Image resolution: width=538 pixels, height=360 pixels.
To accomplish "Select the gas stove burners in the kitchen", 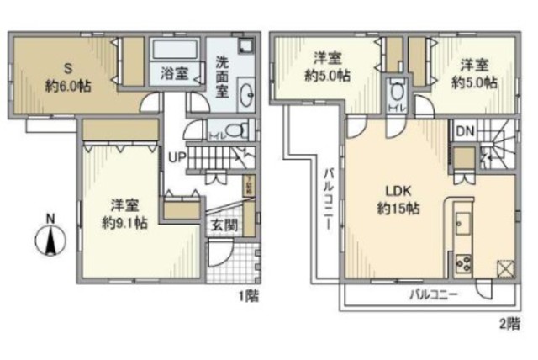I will click(463, 263).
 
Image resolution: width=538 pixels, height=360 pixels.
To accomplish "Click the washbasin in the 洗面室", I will click(247, 93).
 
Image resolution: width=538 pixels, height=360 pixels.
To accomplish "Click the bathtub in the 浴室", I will click(174, 49).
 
